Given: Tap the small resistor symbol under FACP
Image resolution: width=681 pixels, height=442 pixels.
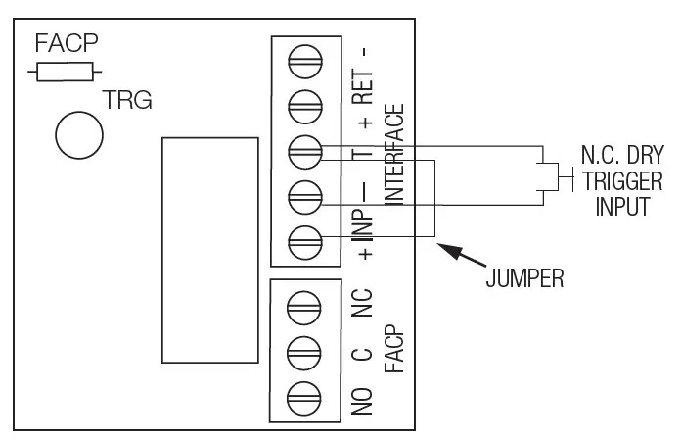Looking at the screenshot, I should [x=65, y=72].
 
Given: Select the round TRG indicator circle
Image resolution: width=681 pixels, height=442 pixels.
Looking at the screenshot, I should [x=79, y=135].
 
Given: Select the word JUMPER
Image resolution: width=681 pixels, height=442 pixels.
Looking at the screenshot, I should [x=524, y=279].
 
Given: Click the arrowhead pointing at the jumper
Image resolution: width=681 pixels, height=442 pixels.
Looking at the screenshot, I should [x=445, y=248].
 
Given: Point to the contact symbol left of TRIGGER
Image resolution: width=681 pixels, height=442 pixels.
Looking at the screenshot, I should [x=553, y=178].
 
